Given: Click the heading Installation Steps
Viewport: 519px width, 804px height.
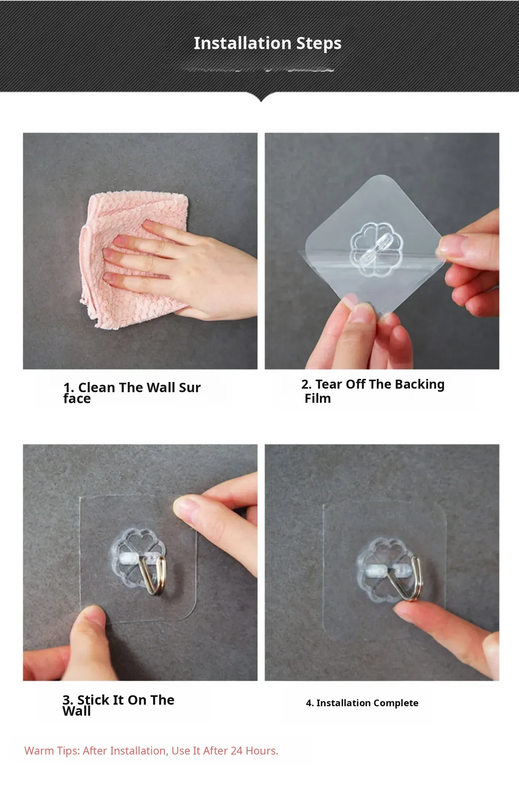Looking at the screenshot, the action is click(x=268, y=44).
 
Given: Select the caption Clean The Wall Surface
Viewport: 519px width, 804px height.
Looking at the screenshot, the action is click(x=132, y=393).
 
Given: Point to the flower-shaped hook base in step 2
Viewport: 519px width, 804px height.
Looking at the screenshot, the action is click(x=376, y=249).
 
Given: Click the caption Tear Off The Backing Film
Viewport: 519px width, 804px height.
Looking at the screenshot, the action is click(x=373, y=391).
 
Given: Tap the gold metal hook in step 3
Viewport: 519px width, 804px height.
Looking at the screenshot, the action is click(x=154, y=574).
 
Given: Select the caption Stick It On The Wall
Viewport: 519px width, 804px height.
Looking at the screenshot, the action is click(x=118, y=705).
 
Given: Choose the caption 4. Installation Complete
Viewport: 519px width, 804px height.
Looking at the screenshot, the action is click(x=362, y=703).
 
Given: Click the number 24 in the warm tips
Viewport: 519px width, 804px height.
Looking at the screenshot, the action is click(x=237, y=751).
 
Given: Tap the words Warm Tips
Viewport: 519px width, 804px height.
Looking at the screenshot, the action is click(x=52, y=751).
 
